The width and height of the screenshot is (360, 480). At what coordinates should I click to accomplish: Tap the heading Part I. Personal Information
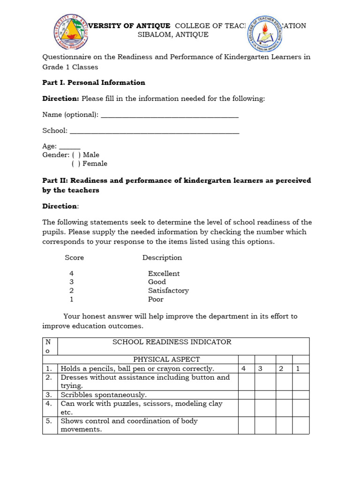(x=94, y=82)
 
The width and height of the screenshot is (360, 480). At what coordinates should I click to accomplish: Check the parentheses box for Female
(x=75, y=164)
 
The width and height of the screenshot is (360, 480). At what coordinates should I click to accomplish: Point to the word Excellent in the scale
(x=164, y=273)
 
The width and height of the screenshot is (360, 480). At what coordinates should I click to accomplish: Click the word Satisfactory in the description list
(x=168, y=291)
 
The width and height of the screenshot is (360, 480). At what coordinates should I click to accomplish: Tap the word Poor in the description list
(x=156, y=299)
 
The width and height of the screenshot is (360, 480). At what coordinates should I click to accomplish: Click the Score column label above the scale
(x=74, y=257)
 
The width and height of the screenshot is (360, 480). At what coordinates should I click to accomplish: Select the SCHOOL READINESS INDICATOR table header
(x=172, y=342)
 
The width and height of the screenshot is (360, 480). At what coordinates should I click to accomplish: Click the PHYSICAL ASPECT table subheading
(x=166, y=360)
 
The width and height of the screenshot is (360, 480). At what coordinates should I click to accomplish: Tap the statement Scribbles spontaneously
(x=104, y=395)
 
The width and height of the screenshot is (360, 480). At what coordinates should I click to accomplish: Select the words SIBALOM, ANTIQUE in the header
(x=173, y=35)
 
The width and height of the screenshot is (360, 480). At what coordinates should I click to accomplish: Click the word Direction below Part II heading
(x=60, y=206)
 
